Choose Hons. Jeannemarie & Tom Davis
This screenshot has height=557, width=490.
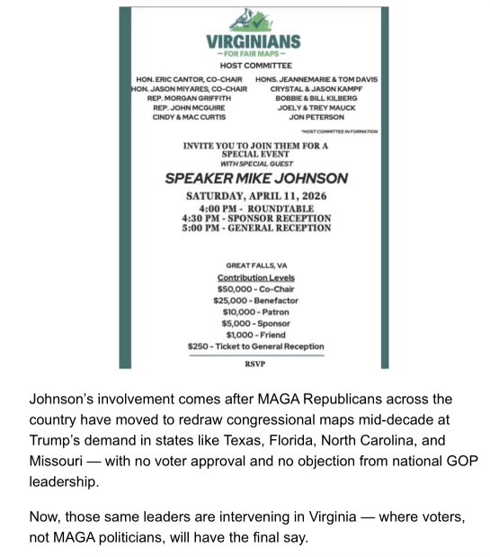(316, 79)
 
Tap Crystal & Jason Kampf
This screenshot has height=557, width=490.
(316, 88)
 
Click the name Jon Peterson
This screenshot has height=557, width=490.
(316, 117)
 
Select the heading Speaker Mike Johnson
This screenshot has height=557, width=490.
(256, 178)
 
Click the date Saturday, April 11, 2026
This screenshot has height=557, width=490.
(256, 196)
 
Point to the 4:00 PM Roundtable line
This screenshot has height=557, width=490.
(256, 209)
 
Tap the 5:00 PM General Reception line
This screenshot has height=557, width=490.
(256, 228)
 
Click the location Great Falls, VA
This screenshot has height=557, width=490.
(255, 265)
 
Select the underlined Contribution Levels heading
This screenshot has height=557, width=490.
(255, 278)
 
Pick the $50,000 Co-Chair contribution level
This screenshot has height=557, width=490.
(255, 289)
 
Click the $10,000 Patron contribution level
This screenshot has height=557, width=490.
(255, 311)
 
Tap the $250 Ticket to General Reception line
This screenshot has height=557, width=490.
(255, 346)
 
